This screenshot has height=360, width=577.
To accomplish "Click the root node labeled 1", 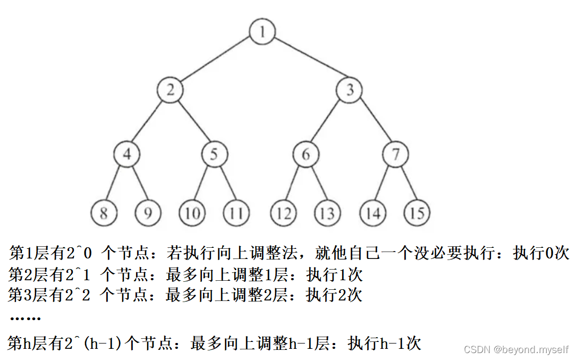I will pos(262,31).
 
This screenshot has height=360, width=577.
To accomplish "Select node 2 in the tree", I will pos(171,90).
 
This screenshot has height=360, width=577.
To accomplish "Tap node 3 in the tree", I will pos(350,90).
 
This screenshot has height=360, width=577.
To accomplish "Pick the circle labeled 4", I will pos(126,155).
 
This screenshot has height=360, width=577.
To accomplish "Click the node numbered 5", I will pos(215,155).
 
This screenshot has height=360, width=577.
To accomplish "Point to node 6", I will pos(306,155).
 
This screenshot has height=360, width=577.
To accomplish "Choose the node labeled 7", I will pos(395,155).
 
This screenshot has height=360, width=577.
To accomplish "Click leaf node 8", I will pos(104,213).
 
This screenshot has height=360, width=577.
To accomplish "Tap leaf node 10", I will pos(192,213).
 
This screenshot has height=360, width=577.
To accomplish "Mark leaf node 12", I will pos(284,213).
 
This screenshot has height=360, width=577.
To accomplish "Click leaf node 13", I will pos(328,213).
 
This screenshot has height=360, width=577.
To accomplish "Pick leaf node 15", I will pos(417,213).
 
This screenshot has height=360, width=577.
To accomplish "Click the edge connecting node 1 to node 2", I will pos(216,61).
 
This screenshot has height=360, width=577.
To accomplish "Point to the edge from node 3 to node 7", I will pos(372,122).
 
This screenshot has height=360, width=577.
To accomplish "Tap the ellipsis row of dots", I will pos(25,319).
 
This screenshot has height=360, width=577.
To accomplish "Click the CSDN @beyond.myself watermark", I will pos(516,349).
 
